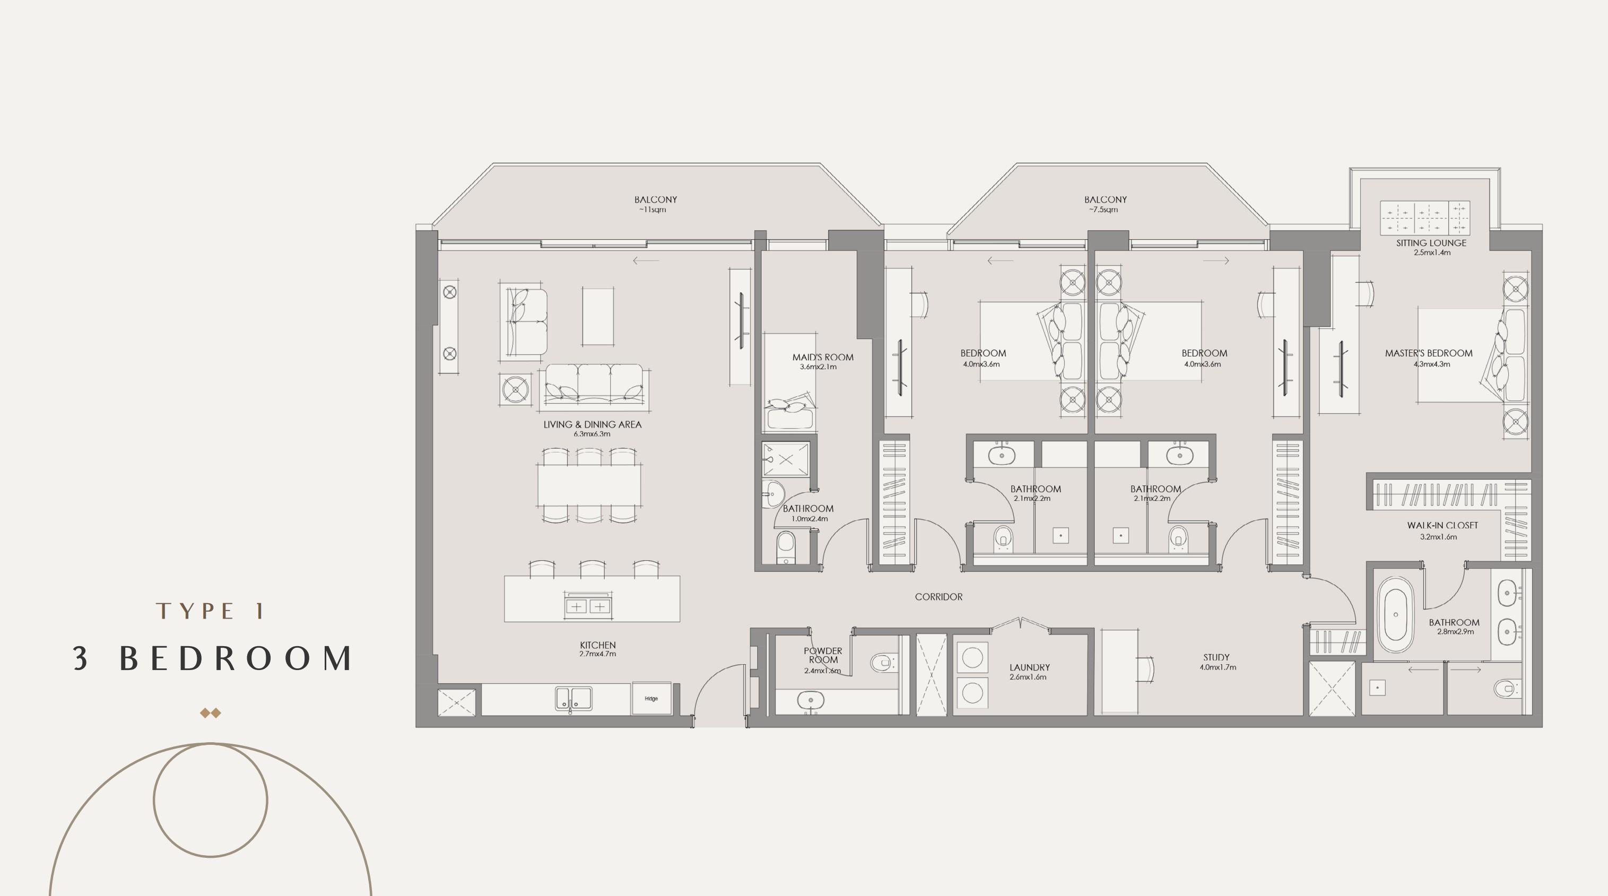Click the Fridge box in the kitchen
pyautogui.click(x=651, y=698)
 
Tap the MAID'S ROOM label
pyautogui.click(x=823, y=357)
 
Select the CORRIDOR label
pyautogui.click(x=938, y=597)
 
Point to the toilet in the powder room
pyautogui.click(x=882, y=663)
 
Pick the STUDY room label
pyautogui.click(x=1216, y=657)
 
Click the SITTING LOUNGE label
pyautogui.click(x=1431, y=243)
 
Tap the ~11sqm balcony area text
pyautogui.click(x=653, y=210)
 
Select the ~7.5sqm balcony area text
pyautogui.click(x=1103, y=210)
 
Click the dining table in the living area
pyautogui.click(x=589, y=486)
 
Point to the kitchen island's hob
pyautogui.click(x=587, y=605)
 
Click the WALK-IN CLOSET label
pyautogui.click(x=1442, y=526)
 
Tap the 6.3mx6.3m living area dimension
pyautogui.click(x=592, y=434)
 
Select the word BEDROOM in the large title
pyautogui.click(x=237, y=658)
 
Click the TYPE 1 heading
pyautogui.click(x=211, y=611)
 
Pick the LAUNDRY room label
pyautogui.click(x=1029, y=667)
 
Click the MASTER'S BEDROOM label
pyautogui.click(x=1428, y=353)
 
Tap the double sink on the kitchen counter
pyautogui.click(x=573, y=699)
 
